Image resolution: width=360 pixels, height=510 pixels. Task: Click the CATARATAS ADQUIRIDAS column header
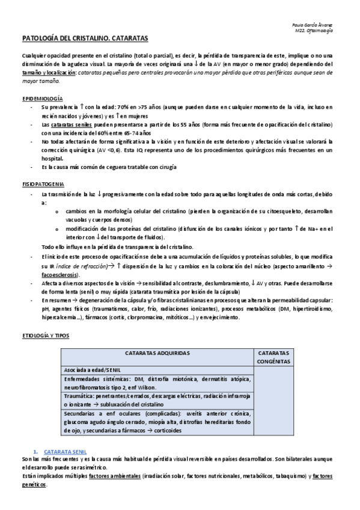click(x=157, y=353)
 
